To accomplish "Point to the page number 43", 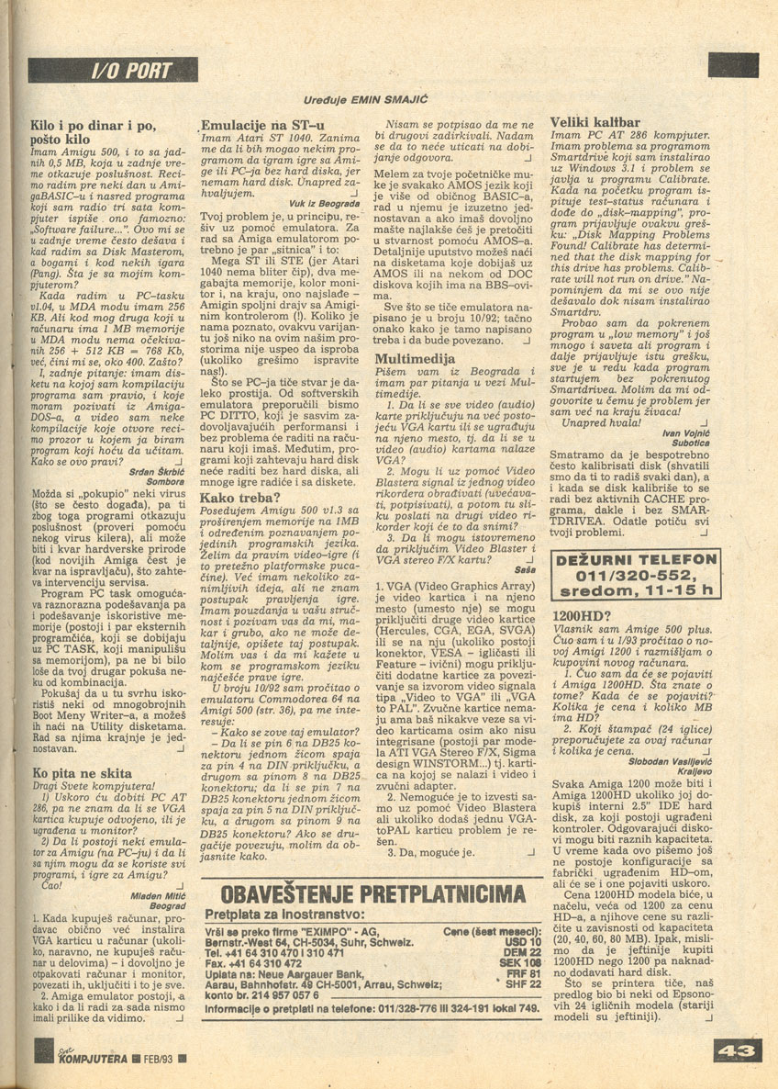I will (x=734, y=1049).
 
